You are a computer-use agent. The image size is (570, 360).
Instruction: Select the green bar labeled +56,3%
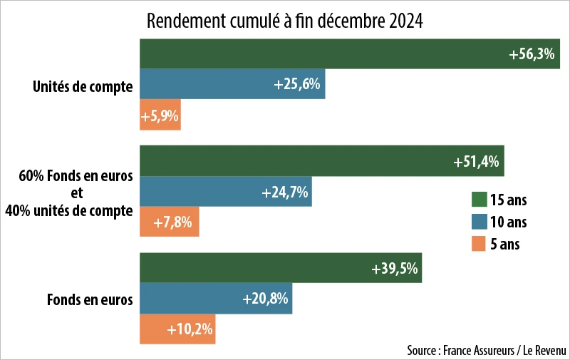point(350,54)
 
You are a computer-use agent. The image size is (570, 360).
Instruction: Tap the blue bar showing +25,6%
point(232,84)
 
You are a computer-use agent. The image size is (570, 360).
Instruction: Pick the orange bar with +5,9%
point(160,115)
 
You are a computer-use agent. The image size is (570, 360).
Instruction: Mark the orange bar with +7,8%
point(170,222)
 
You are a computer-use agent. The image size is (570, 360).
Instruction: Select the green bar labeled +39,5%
point(281,268)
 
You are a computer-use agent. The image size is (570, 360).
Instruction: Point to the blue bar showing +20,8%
point(216,299)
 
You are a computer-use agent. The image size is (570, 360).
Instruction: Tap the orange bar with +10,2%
point(177,329)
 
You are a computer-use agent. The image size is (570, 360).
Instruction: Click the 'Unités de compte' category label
point(83,87)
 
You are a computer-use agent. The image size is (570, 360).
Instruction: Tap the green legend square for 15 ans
point(479,199)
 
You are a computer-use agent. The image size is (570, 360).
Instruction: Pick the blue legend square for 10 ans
point(479,222)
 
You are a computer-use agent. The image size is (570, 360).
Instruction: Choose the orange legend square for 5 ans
point(479,245)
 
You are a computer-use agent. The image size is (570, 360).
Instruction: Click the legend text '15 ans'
point(509,199)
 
